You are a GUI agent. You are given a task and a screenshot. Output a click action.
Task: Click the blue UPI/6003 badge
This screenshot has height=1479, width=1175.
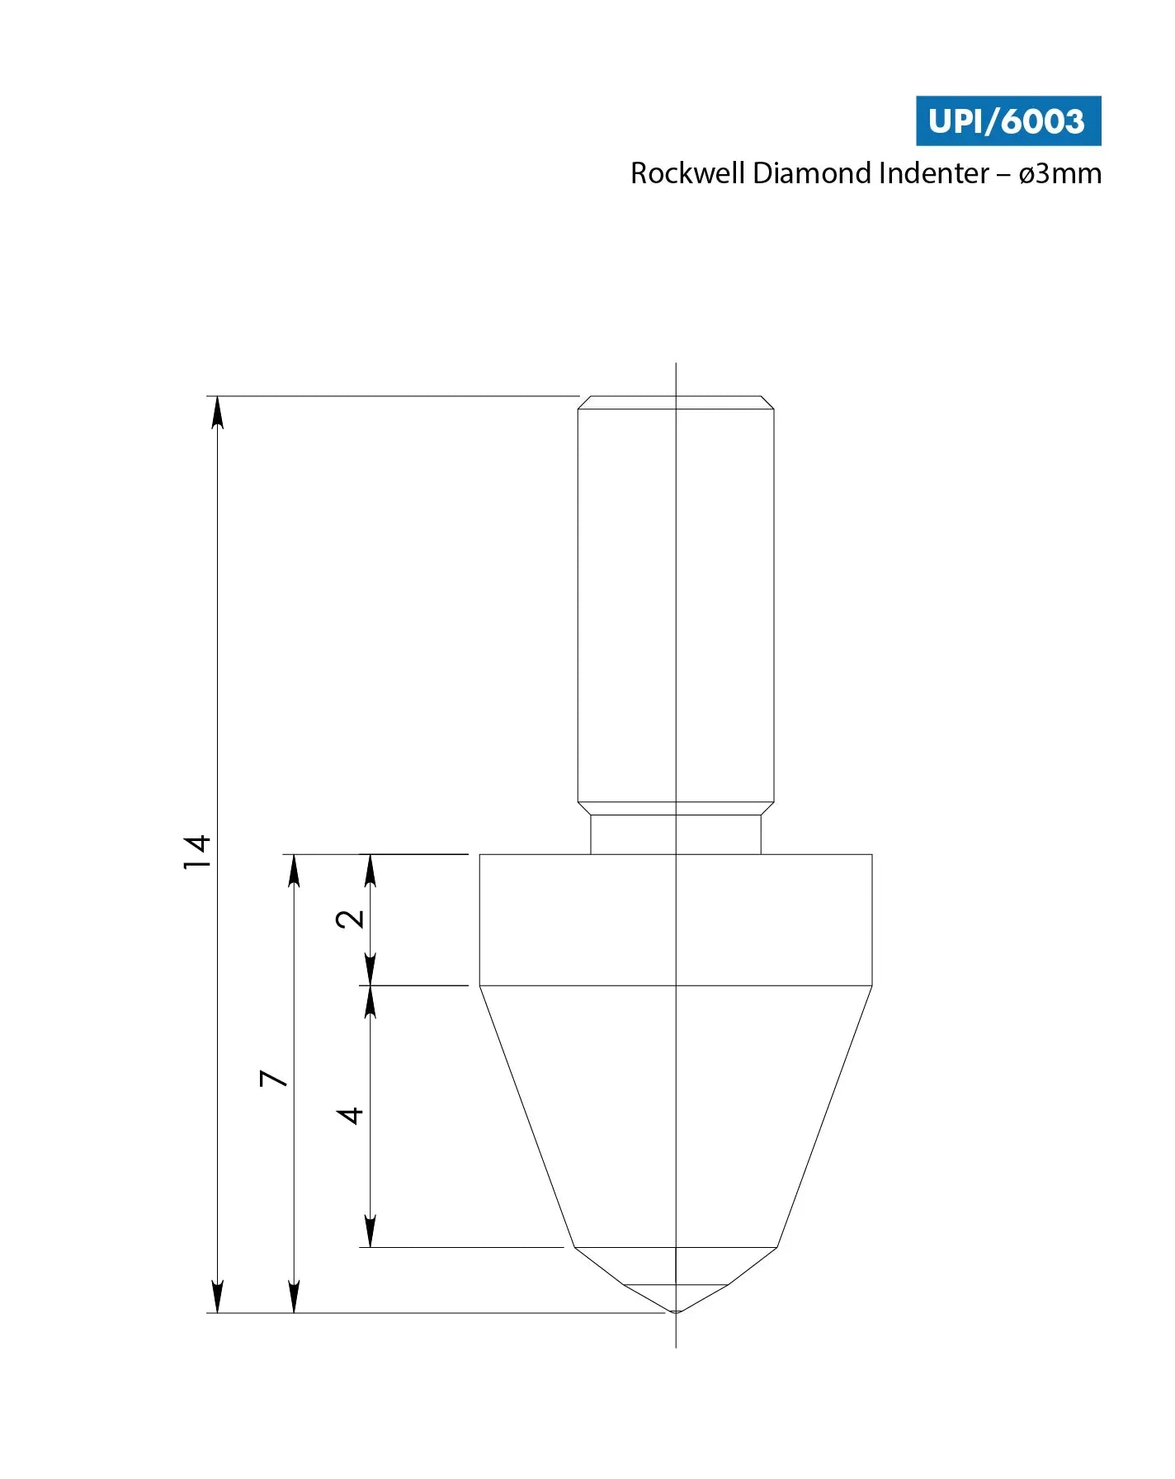(x=1007, y=121)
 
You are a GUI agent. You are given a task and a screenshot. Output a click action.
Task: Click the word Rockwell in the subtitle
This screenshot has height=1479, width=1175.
(x=687, y=173)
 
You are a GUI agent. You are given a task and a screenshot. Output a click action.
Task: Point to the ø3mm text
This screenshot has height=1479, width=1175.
(x=1059, y=173)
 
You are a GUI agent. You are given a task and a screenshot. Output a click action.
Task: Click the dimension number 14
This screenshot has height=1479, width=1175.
(x=196, y=852)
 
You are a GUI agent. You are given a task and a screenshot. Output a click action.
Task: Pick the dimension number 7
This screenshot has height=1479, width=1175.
(x=273, y=1078)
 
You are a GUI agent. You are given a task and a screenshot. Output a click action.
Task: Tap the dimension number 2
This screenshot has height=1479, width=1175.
(x=350, y=919)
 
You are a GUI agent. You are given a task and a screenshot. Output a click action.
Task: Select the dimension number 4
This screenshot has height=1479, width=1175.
(x=350, y=1115)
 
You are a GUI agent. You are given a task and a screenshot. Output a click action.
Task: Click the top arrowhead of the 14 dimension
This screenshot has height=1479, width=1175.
(x=217, y=411)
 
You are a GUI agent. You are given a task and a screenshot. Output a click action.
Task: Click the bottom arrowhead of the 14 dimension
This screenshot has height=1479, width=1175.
(x=217, y=1297)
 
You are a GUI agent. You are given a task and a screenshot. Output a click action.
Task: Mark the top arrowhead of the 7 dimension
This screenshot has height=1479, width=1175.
(x=294, y=869)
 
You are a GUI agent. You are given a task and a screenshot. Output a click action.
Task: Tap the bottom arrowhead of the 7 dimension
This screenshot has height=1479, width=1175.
(x=294, y=1297)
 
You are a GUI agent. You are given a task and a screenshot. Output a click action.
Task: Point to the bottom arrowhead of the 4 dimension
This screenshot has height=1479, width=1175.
(x=370, y=1231)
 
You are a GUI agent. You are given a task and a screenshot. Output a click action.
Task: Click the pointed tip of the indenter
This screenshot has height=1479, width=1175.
(x=676, y=1311)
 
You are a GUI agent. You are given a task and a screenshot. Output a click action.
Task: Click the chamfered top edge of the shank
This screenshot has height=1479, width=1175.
(x=676, y=402)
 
